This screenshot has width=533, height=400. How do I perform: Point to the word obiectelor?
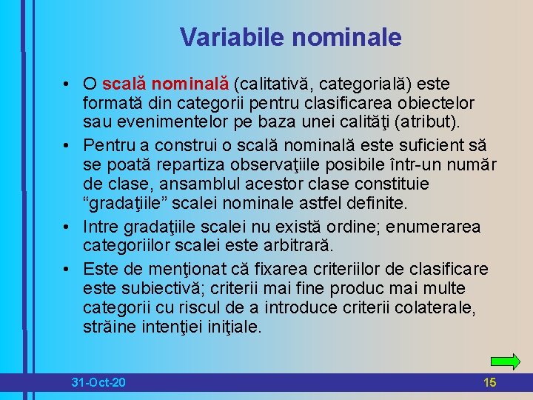coord(437,102)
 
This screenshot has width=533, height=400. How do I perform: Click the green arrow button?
coord(505,361)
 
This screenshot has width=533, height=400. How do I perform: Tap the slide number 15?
coord(489,383)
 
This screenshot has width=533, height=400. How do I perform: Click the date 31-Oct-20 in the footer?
coord(98,383)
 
